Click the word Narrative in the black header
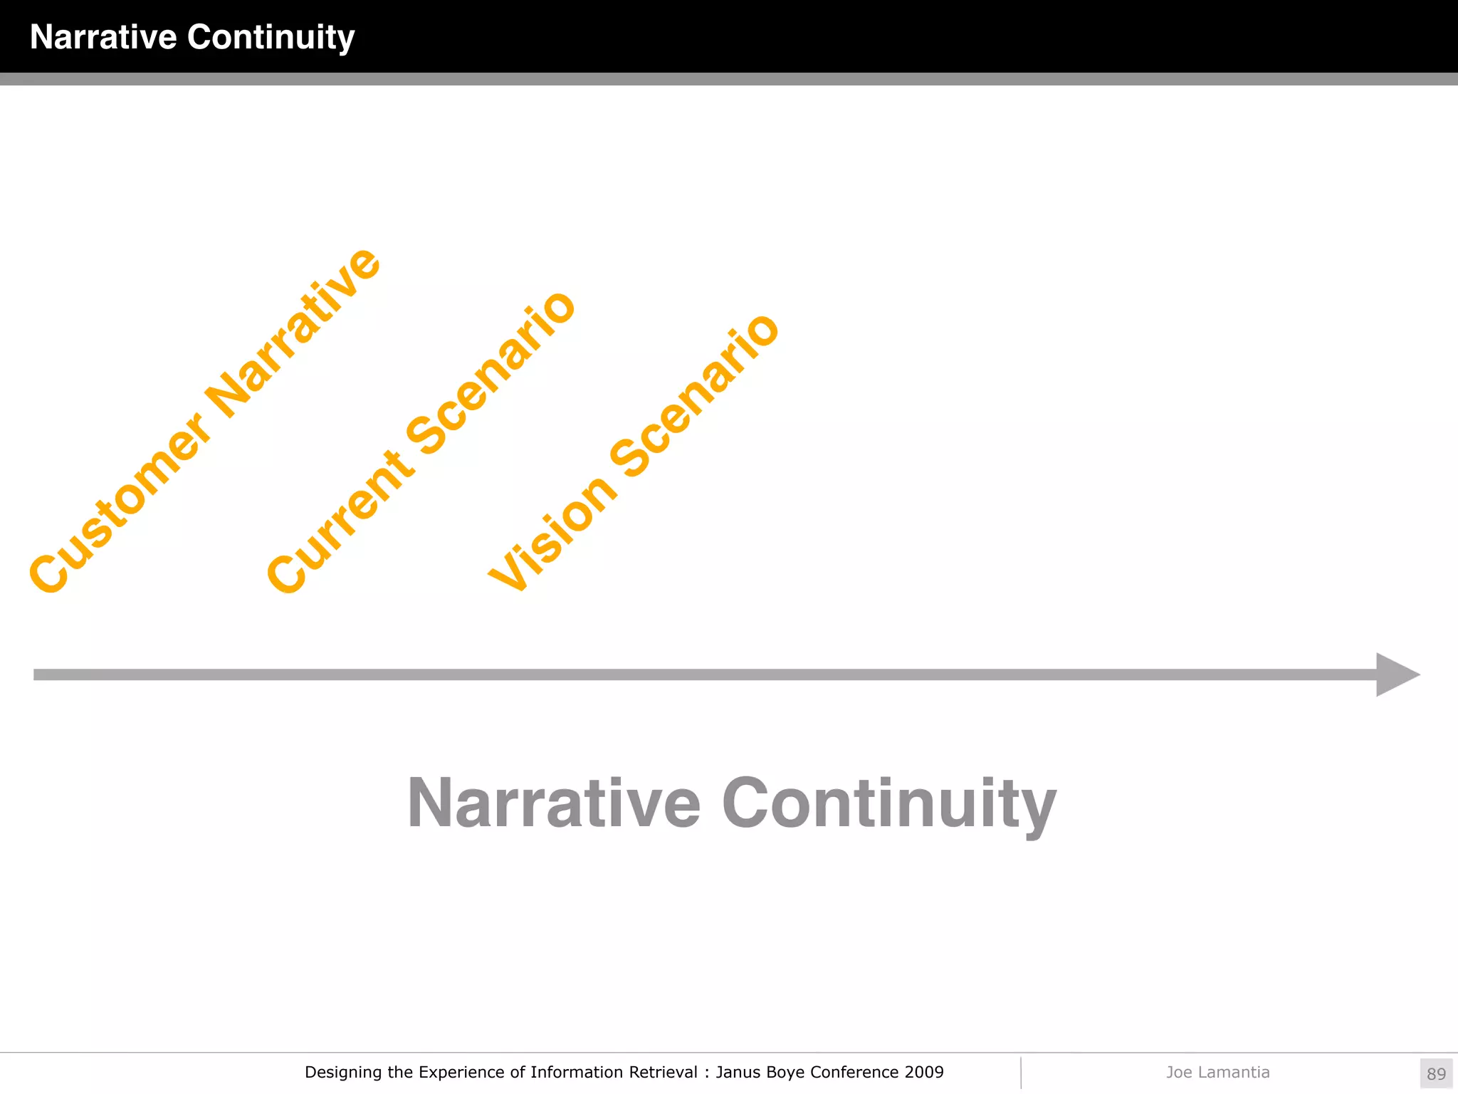point(103,37)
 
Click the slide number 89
point(1436,1073)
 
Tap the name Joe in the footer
point(1178,1072)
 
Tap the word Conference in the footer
point(854,1072)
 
